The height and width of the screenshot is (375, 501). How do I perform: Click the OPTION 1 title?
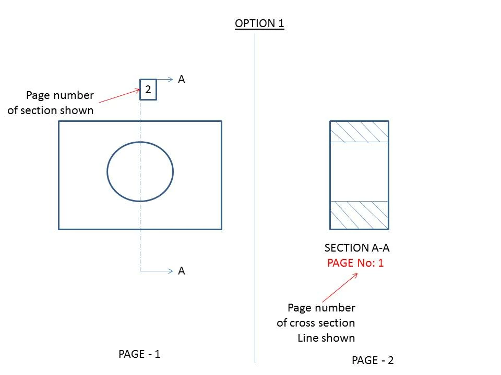tap(259, 23)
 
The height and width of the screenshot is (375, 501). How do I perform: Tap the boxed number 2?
tap(148, 90)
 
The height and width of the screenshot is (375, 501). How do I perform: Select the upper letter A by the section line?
tap(182, 79)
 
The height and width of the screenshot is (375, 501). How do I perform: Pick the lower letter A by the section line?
tap(182, 271)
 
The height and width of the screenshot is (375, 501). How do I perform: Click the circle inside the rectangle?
tap(108, 171)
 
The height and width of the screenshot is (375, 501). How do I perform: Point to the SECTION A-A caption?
tap(357, 248)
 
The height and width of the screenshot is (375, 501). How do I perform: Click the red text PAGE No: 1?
tap(355, 262)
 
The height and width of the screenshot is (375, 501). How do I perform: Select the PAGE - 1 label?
tap(139, 354)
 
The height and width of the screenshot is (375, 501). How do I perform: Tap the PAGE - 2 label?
tap(373, 360)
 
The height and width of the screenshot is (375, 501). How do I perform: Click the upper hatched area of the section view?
tap(359, 132)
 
